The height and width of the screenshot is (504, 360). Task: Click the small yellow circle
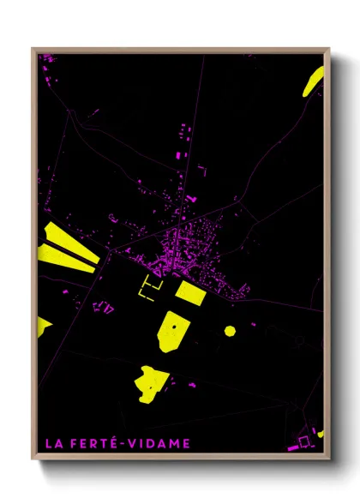point(230,330)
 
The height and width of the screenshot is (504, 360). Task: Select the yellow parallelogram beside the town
point(190,292)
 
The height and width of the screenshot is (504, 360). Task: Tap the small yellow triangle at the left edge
point(43,326)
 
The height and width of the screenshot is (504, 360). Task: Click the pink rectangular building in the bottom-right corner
point(306,442)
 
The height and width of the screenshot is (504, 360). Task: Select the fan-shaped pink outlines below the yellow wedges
point(101,306)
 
